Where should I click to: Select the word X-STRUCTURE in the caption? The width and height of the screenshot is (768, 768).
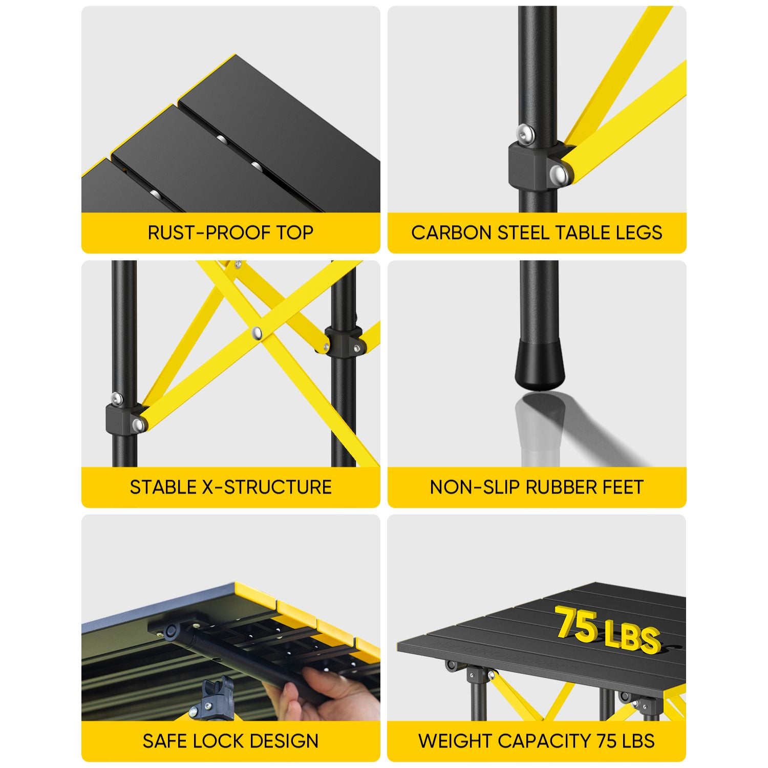(x=267, y=487)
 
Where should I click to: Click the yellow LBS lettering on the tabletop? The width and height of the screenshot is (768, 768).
(x=632, y=636)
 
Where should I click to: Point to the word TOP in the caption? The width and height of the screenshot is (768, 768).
(x=295, y=232)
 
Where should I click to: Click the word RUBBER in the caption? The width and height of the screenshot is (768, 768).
(x=558, y=487)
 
